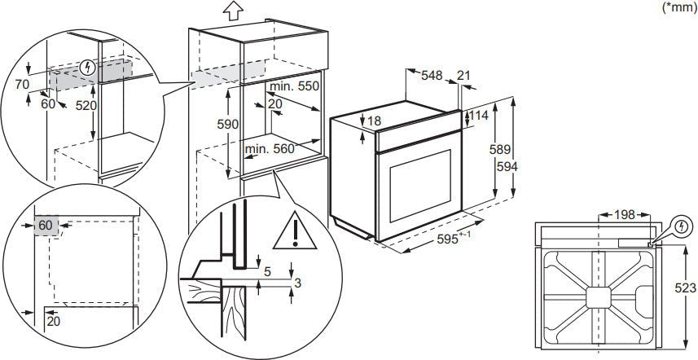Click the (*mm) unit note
tap(678, 7)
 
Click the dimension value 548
tap(432, 76)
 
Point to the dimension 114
tap(479, 116)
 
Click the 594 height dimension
tap(507, 165)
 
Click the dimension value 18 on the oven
tap(373, 121)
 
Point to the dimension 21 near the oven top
tap(464, 76)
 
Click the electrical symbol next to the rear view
tap(680, 228)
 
